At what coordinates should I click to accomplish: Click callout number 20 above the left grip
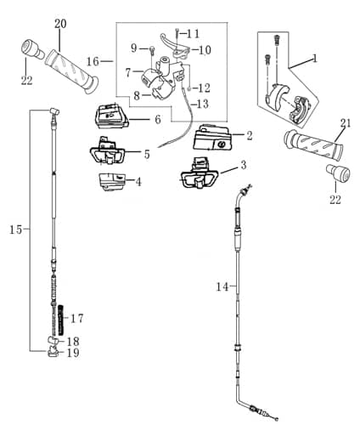59,23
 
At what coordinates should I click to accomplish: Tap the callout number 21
345,123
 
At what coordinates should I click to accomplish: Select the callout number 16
93,61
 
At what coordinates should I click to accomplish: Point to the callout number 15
15,229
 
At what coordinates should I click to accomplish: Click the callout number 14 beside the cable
222,287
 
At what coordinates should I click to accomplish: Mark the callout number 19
73,353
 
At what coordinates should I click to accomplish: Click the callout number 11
194,33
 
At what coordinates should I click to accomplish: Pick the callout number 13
202,104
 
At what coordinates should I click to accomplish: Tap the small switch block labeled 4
112,179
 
